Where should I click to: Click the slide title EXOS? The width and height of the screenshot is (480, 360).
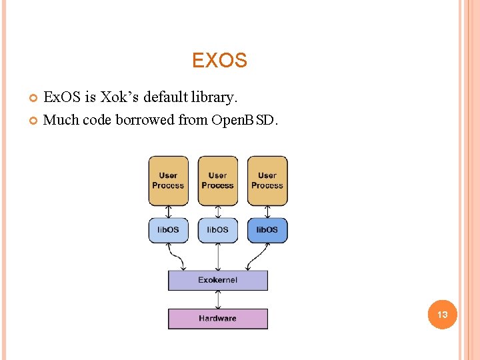click(x=219, y=61)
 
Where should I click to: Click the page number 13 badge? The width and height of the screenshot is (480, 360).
click(x=442, y=314)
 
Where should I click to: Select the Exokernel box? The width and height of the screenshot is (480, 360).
click(x=217, y=280)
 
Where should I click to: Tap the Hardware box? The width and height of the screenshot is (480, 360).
click(x=217, y=319)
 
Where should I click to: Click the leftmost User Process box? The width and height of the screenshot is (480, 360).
click(x=168, y=181)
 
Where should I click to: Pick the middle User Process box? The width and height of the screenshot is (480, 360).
click(x=217, y=181)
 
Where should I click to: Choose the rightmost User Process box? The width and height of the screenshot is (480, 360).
click(x=267, y=181)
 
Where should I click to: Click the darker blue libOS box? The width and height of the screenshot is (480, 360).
click(x=267, y=230)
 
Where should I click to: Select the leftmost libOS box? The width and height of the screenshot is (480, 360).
click(x=168, y=230)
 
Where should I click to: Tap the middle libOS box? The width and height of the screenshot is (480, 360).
click(x=217, y=230)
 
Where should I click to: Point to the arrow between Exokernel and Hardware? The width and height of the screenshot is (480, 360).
click(x=217, y=299)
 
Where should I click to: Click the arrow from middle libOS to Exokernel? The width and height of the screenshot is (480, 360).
click(x=217, y=257)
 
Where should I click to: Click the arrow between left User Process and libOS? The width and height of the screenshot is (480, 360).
click(x=168, y=211)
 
